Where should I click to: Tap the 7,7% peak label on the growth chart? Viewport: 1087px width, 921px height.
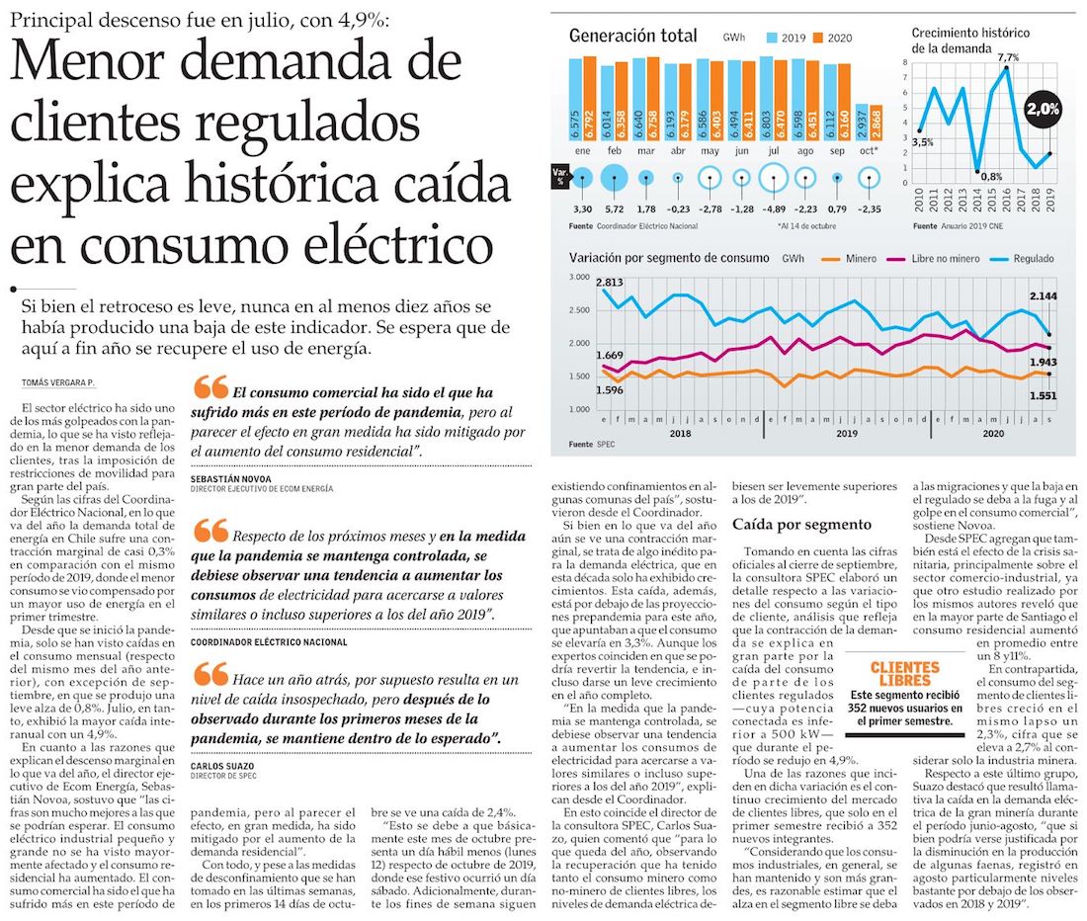[x=1007, y=58]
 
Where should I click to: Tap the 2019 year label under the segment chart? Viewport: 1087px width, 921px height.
[x=847, y=433]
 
